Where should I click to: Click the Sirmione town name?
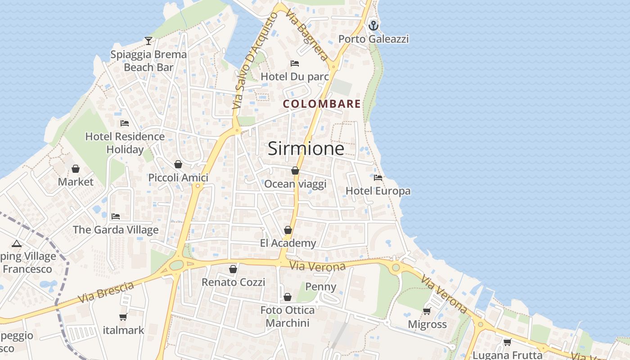coord(306,148)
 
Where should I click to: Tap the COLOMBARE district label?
coord(322,104)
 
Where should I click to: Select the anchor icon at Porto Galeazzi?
coord(373,26)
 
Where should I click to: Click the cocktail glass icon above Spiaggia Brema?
coord(148,41)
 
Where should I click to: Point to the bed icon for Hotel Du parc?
coord(295,63)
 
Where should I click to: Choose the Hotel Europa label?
coord(378,191)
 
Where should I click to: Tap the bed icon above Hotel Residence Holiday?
coord(125,123)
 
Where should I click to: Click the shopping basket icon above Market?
coord(76,169)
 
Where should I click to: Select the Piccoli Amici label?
coord(178,178)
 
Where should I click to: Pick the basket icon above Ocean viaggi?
coord(295,171)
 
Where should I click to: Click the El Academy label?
coord(288,243)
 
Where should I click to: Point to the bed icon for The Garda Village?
coord(116,216)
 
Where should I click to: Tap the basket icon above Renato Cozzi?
coord(233,269)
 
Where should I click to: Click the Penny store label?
coord(321,287)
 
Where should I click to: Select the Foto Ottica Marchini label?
coord(288,316)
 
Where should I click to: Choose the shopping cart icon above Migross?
coord(427,311)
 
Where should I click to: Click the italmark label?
coord(124,330)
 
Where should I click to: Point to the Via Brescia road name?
coord(106,292)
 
